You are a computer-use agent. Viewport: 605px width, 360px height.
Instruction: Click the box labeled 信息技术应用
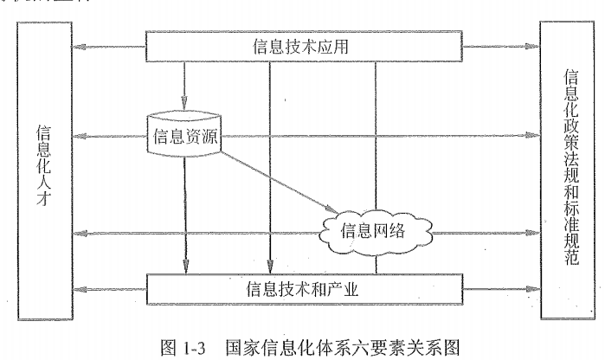[303, 45]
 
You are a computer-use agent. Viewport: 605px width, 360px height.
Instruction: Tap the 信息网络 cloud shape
[373, 231]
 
